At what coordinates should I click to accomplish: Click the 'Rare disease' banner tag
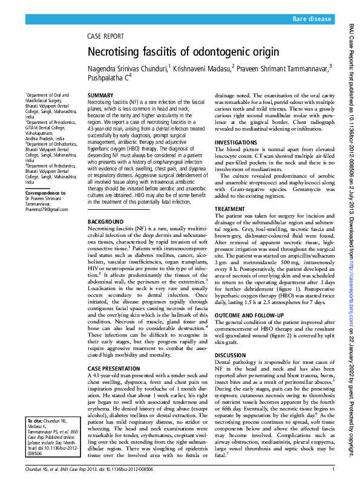pos(312,20)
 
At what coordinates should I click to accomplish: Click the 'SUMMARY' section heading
pos(100,96)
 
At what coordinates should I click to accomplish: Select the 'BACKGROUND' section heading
pos(106,222)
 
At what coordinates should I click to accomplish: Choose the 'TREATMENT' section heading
pos(231,209)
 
